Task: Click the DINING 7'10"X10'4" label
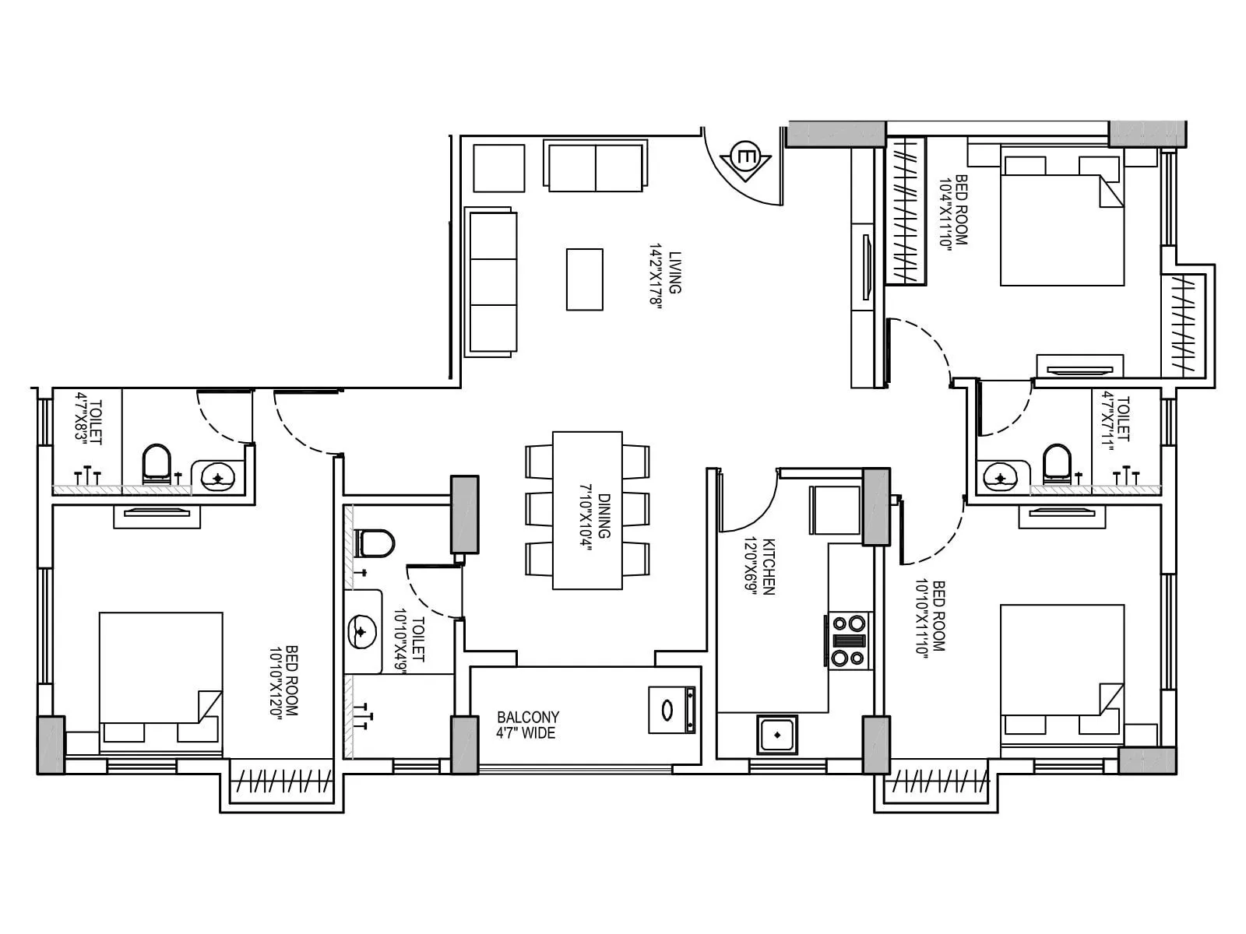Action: [596, 518]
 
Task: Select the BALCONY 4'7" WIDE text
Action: [528, 725]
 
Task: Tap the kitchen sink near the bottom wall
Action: [776, 734]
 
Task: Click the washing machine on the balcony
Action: [671, 710]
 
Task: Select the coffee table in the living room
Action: [584, 279]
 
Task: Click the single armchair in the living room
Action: [498, 167]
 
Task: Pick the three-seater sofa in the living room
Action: [491, 283]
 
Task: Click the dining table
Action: [587, 511]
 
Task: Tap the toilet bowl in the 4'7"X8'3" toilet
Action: [157, 465]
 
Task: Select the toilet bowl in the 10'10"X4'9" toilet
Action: [375, 542]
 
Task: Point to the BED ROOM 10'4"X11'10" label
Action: [955, 210]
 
